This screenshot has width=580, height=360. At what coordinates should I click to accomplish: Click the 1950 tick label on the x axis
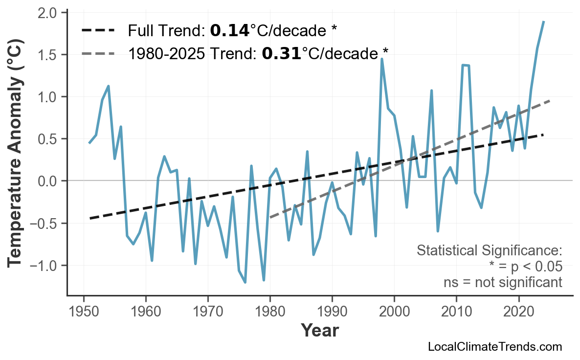point(84,312)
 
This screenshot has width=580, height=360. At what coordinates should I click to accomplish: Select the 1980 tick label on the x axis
point(270,312)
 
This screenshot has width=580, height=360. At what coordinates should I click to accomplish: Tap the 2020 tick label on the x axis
point(518,312)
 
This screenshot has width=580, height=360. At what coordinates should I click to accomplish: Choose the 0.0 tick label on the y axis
point(48,181)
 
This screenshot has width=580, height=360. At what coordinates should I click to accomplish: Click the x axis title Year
point(319,331)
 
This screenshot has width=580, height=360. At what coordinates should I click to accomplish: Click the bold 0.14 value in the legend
point(229,31)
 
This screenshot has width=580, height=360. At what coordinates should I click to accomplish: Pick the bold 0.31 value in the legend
point(281,53)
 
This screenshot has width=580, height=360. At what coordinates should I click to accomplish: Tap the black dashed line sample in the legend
point(98,31)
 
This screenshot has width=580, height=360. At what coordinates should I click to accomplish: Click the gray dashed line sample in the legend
point(98,53)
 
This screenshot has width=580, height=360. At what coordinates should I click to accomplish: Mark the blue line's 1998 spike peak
point(381,59)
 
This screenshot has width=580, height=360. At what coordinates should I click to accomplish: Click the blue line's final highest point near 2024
point(543,22)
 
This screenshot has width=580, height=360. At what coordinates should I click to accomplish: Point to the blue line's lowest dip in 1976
point(245,282)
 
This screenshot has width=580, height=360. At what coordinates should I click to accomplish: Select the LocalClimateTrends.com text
point(494,347)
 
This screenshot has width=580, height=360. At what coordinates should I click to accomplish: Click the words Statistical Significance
point(489,251)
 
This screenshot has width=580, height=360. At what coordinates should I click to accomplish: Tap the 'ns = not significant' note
point(503,282)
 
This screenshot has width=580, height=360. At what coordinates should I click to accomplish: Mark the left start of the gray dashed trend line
point(270,218)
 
